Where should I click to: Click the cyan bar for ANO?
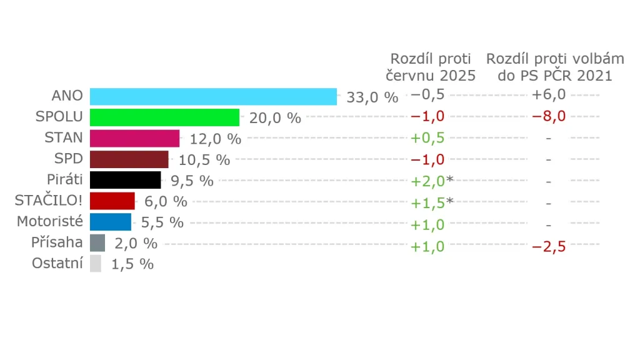coord(213,96)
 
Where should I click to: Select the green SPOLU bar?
coord(164,117)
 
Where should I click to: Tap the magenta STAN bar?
coord(134,138)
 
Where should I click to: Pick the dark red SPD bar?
coord(129,159)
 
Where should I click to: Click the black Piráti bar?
coord(125,180)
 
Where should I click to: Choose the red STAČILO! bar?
coord(112,201)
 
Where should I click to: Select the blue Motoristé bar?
coord(110,222)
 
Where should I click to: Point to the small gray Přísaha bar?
coord(97,242)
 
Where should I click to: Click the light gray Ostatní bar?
coord(95,264)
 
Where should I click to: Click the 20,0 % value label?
coord(275,118)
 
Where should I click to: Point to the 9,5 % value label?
coord(192,181)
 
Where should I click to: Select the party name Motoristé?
coord(49,221)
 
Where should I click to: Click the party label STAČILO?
coord(48,201)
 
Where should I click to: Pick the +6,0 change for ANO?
coord(549,94)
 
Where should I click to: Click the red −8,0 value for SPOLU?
coord(549,116)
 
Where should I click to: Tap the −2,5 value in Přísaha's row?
coord(549,246)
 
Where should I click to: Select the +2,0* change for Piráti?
coord(431,181)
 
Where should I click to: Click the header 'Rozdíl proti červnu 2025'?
coord(433,67)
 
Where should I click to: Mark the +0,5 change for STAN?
coord(427,138)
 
